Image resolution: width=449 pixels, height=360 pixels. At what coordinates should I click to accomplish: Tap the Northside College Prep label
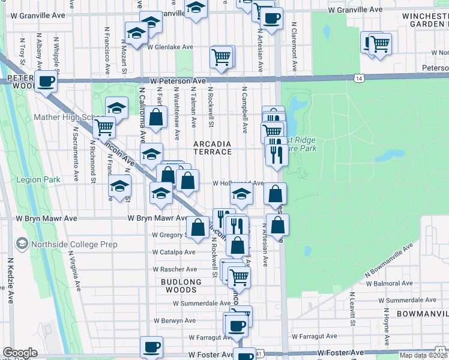67,244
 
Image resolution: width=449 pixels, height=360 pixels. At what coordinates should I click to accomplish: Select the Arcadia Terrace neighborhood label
212,148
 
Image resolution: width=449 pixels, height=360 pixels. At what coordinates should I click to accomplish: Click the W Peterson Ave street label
178,80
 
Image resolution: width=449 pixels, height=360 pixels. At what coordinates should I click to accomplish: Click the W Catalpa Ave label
173,253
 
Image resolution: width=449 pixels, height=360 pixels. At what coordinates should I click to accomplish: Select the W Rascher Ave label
174,269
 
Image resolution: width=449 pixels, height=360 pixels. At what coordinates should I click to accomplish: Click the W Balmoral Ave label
406,282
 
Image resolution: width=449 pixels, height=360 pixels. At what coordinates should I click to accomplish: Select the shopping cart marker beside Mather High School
104,127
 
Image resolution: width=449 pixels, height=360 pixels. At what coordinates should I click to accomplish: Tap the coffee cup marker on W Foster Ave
151,346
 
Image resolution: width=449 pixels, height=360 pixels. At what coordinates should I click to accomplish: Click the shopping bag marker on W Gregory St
197,226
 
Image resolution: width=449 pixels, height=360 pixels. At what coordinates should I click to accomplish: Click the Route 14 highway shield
359,78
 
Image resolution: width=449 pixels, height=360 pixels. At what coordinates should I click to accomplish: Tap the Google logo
20,353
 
